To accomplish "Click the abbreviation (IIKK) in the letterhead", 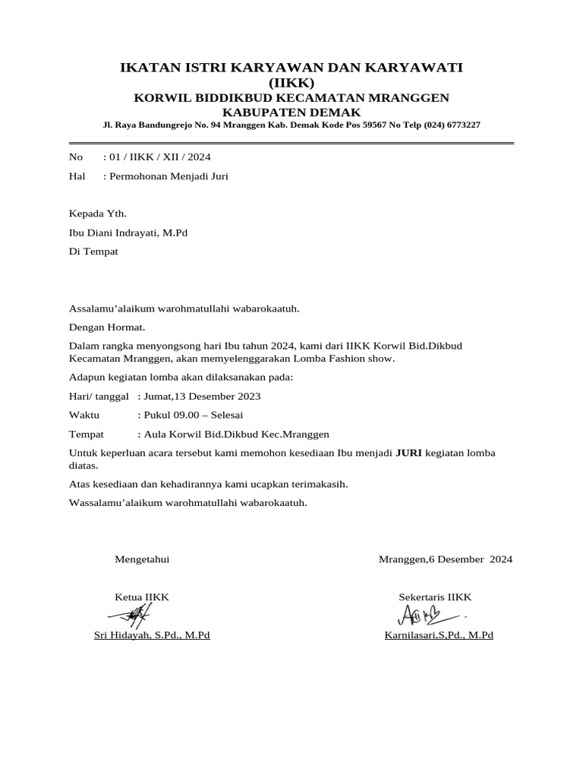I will click(x=291, y=83).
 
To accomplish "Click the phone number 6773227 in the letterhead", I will click(x=460, y=125).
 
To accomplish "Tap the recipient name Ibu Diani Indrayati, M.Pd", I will click(x=128, y=232).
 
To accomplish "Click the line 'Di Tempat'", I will click(x=93, y=251).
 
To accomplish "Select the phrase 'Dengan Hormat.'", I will click(x=107, y=327).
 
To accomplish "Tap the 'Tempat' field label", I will click(x=87, y=434).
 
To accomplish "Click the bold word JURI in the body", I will click(x=409, y=453).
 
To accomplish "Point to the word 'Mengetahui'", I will click(x=142, y=559).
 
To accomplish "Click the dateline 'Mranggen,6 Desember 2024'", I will click(x=446, y=559).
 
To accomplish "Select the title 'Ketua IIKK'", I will click(x=142, y=597).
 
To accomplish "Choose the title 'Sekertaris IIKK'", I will click(x=435, y=597).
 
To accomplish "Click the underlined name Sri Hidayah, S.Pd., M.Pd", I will click(x=152, y=635).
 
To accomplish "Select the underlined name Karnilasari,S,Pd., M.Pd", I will click(x=439, y=635).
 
